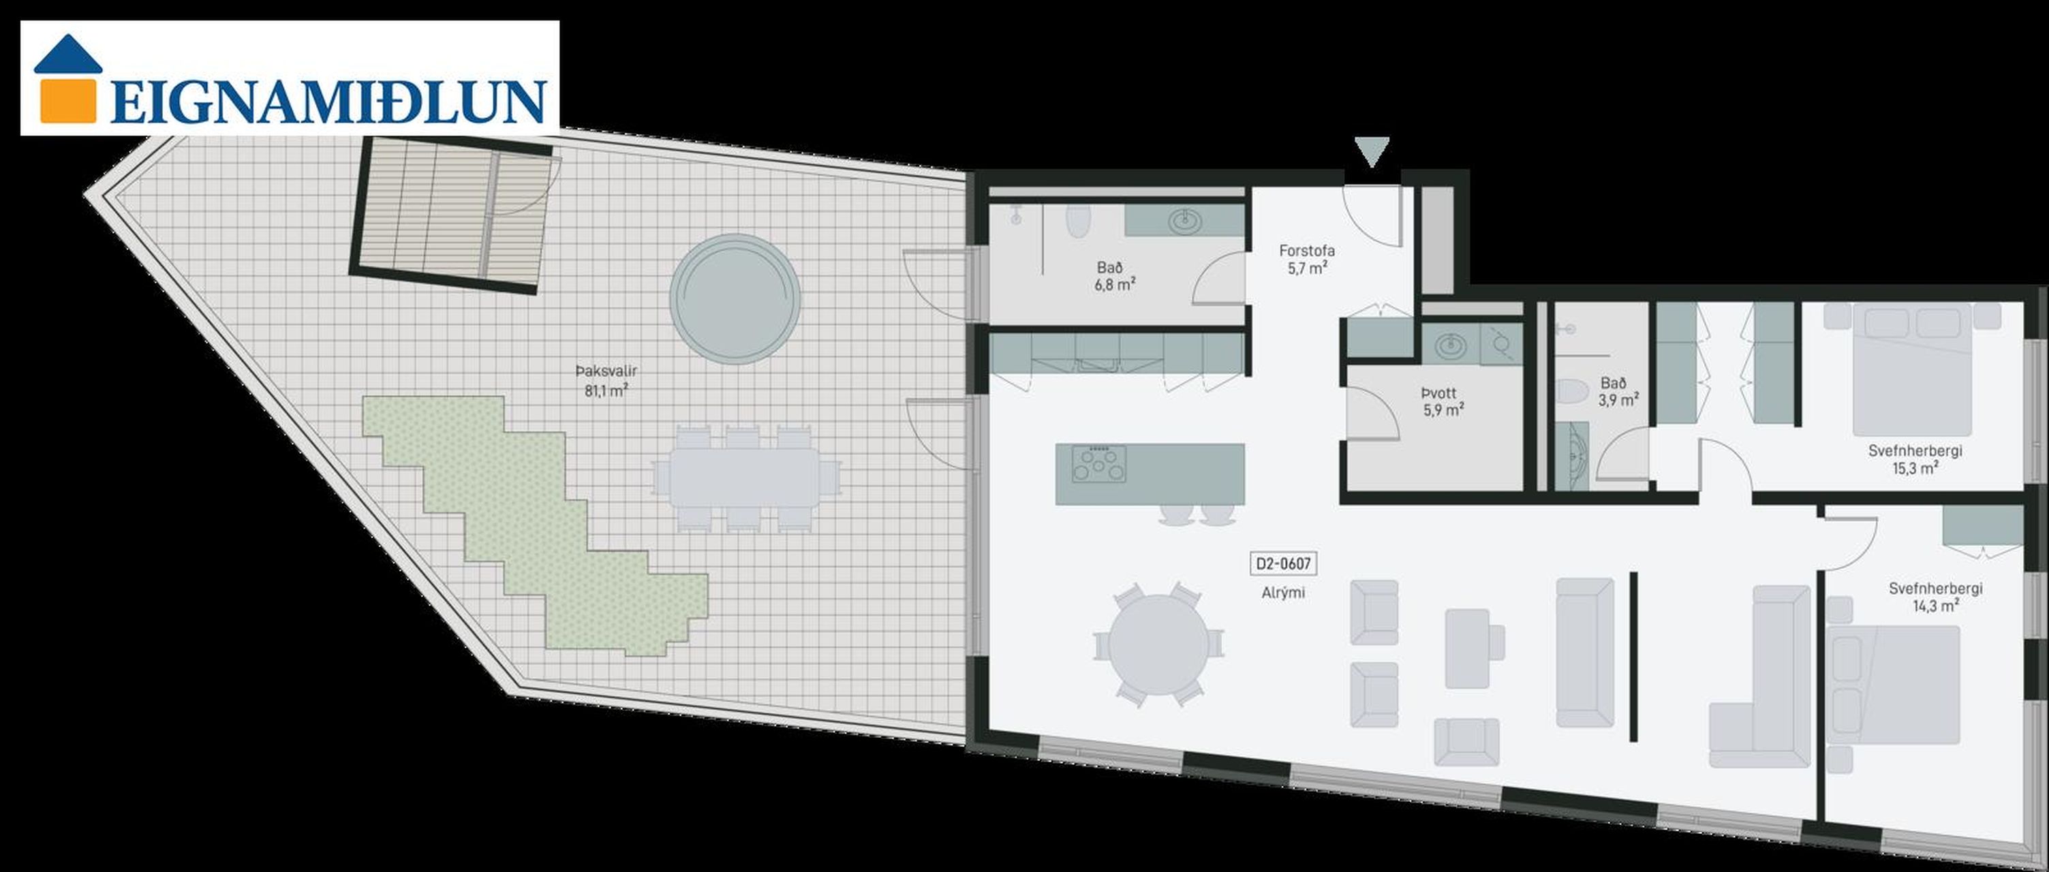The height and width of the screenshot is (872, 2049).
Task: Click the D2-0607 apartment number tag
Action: tap(1282, 563)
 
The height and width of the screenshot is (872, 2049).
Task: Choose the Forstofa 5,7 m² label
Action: tap(1307, 259)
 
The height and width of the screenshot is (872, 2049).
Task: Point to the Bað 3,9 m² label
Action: tap(1617, 391)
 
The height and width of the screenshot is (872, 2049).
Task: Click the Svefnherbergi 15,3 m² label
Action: tap(1915, 459)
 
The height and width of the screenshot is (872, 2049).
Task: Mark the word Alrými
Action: tap(1282, 592)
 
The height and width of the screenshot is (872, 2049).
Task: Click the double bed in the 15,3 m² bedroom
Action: tap(1901, 369)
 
